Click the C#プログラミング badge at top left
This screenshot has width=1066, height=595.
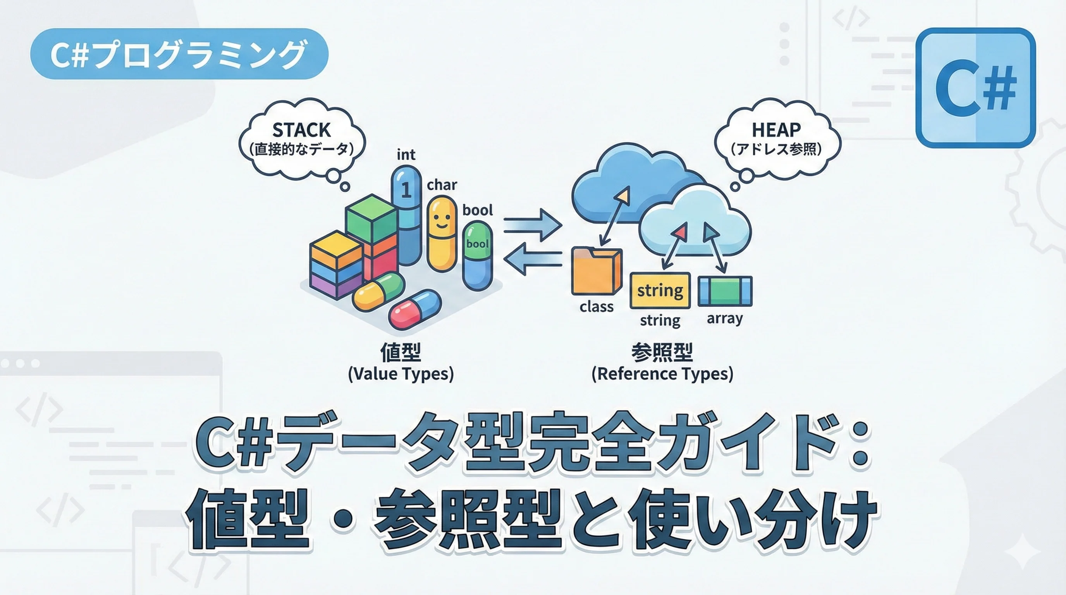pos(179,54)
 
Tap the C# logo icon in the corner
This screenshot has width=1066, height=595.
pos(975,88)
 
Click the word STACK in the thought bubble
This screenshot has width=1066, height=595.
pos(301,130)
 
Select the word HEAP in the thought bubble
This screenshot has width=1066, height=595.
pos(776,130)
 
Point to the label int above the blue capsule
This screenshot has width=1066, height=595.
pos(406,155)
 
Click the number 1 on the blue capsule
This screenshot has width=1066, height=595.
pos(406,189)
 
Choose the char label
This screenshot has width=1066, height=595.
pos(442,184)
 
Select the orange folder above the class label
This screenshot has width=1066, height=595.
pos(596,271)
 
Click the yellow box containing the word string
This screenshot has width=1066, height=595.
pos(660,291)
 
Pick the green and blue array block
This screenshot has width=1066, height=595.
pos(725,291)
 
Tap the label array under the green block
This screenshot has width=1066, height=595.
pos(725,318)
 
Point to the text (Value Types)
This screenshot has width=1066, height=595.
pos(401,374)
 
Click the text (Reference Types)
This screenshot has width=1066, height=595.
pos(662,374)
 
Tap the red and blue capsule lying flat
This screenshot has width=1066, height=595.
pos(414,310)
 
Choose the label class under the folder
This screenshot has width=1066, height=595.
pos(596,306)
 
